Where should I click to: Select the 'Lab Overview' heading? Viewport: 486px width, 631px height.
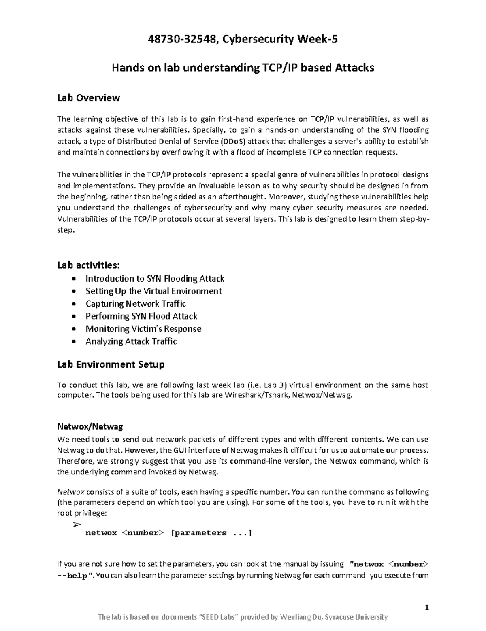pos(88,97)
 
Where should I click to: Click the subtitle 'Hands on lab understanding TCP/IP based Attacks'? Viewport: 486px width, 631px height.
pos(243,68)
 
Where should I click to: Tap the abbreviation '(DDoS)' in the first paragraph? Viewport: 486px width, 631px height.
pos(233,141)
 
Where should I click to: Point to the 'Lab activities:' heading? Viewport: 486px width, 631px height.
pos(88,265)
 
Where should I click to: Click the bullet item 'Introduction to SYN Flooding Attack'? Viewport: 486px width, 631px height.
pos(155,278)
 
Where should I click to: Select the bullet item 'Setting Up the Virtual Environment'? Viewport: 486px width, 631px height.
pos(153,291)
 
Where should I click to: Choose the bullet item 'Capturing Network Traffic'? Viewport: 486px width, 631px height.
pos(136,303)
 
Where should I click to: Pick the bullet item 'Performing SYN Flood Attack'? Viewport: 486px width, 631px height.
pos(141,316)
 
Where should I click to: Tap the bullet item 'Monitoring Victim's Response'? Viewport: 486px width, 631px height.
pos(143,328)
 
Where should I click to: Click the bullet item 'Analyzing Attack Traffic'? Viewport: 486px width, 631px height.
pos(131,341)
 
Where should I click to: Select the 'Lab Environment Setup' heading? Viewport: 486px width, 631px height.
pos(111,364)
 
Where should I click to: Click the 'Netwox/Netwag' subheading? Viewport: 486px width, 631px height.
pos(90,426)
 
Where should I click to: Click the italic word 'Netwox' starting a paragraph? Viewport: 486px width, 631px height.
pos(70,492)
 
